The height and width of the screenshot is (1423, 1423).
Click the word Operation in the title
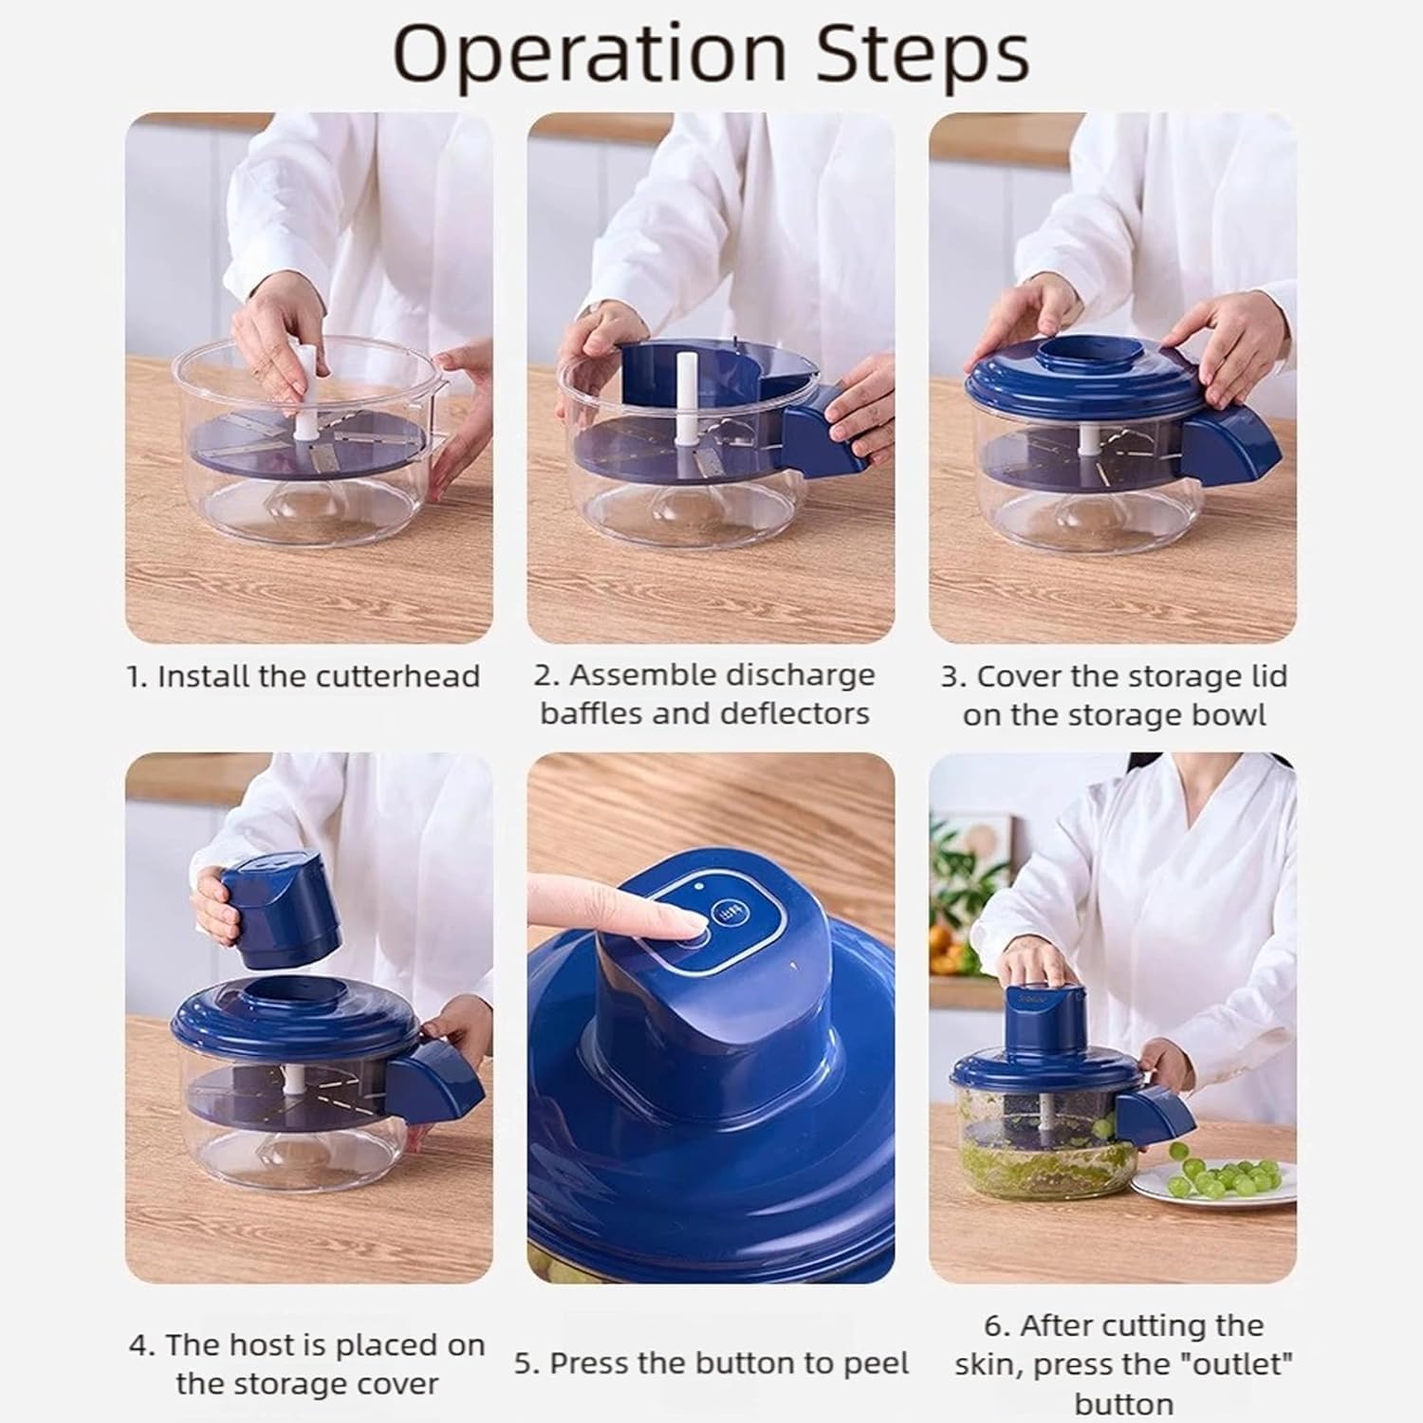pos(589,54)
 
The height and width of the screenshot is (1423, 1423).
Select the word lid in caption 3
pos(1268,676)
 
